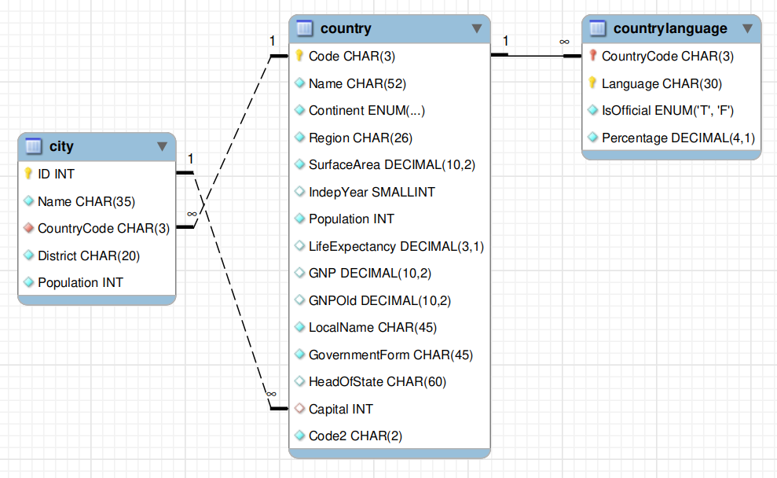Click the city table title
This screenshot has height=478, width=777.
point(61,146)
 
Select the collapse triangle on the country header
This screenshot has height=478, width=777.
point(477,28)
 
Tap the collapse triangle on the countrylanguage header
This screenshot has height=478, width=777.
point(748,28)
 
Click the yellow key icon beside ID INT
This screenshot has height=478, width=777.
point(28,174)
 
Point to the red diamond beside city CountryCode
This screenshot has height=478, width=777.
point(29,228)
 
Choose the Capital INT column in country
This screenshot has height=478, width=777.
point(340,409)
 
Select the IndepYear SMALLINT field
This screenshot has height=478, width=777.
point(372,192)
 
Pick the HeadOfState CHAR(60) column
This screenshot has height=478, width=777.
point(377,382)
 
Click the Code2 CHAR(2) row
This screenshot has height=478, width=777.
point(355,436)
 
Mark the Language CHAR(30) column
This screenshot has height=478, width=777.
point(662,83)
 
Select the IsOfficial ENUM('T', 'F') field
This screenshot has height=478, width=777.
point(668,110)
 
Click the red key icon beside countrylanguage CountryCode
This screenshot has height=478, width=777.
point(592,56)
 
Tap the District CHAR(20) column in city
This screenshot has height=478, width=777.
point(89,256)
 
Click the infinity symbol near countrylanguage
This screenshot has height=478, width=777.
point(564,42)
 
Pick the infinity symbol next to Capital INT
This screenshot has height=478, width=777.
point(271,394)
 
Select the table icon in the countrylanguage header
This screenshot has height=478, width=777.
point(597,28)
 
